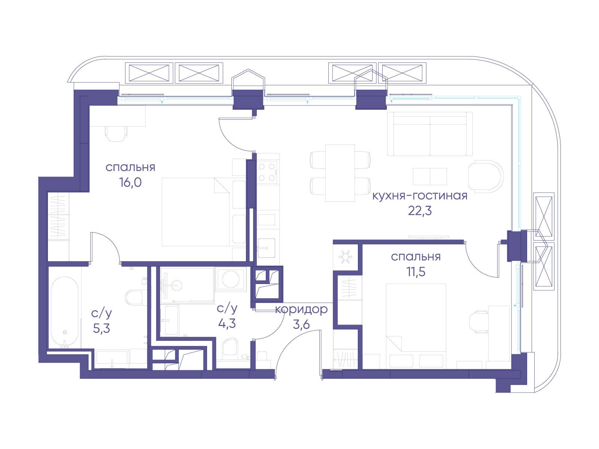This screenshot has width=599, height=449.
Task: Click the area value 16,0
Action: point(130,183)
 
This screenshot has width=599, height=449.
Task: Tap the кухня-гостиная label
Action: point(420,196)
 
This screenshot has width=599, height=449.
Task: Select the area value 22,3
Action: point(420,211)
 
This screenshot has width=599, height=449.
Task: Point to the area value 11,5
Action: point(416,272)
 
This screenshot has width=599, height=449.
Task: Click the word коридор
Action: point(301,310)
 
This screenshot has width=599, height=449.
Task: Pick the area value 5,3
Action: point(101,329)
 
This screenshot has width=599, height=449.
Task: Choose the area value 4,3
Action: point(227,324)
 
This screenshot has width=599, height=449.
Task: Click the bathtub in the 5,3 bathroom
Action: point(65,312)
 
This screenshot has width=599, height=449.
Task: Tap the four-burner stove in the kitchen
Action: point(267,172)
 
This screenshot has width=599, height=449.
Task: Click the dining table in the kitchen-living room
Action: point(340,173)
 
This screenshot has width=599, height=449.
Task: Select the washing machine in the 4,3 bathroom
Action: point(231,279)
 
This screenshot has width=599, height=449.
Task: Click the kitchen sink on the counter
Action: point(266,248)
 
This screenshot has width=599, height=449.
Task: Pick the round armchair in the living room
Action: point(486,175)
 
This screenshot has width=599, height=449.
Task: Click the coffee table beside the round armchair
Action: point(430,176)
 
